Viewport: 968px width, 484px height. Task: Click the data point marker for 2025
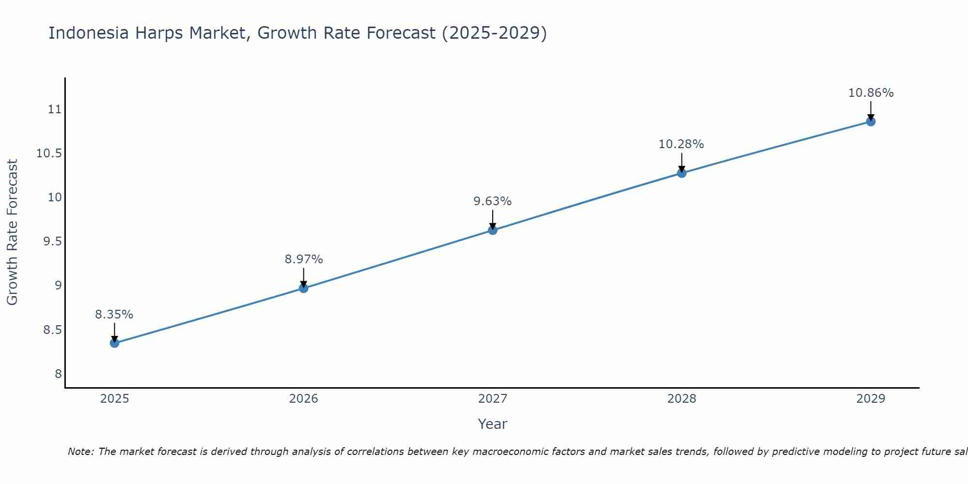[x=114, y=343]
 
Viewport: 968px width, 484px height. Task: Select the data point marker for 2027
[x=493, y=230]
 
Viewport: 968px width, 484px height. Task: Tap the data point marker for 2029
[x=871, y=121]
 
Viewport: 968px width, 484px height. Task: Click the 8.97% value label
[x=303, y=259]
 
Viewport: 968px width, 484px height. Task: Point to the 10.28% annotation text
[x=681, y=144]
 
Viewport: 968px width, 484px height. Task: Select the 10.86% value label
[x=871, y=93]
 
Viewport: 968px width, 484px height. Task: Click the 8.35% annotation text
[x=114, y=315]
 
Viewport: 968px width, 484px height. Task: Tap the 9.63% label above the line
[x=493, y=201]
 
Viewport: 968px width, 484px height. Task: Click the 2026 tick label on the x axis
[x=303, y=399]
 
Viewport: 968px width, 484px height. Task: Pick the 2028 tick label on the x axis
[x=681, y=399]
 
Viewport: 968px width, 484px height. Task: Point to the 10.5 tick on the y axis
[x=49, y=153]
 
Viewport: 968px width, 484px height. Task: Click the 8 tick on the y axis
[x=58, y=374]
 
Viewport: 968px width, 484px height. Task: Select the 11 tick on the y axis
[x=55, y=109]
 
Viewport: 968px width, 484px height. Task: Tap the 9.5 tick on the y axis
[x=52, y=242]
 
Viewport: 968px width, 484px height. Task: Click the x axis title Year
[x=492, y=424]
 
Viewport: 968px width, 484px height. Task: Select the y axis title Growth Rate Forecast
[x=12, y=232]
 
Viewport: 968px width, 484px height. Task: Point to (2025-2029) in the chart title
[x=494, y=33]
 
